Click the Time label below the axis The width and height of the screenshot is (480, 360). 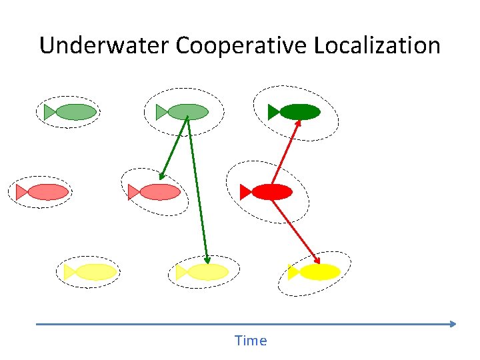coord(251,341)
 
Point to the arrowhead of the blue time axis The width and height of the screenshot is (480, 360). coord(453,324)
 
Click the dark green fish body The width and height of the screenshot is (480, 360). coord(300,112)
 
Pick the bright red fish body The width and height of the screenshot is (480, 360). coord(272,192)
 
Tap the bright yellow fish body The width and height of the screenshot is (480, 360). coord(320,272)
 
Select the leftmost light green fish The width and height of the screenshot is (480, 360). coord(75,112)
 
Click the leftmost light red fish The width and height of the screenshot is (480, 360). coord(48,192)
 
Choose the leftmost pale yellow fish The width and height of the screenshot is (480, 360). coord(96,272)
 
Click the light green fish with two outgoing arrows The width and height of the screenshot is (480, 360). coord(187,112)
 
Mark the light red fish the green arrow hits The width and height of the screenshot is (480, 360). coord(160,192)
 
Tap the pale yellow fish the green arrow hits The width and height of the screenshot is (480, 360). coord(208,272)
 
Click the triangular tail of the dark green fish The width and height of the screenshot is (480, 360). coord(273,112)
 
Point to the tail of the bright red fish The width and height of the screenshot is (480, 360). coord(245,192)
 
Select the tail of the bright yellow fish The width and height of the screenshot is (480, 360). coord(293,272)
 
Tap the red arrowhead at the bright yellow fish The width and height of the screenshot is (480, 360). coord(317,260)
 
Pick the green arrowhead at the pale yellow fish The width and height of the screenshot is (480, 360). coord(207,260)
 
